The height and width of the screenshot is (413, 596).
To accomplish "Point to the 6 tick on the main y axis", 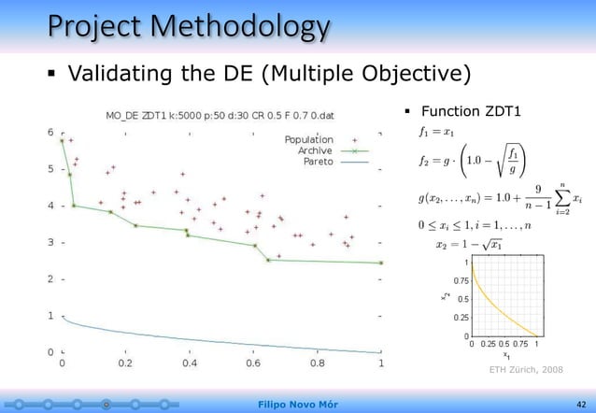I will tap(50, 132).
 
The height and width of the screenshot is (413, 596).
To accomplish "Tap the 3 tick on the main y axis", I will tap(50, 242).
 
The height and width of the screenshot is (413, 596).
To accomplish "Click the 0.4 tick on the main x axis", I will tap(190, 363).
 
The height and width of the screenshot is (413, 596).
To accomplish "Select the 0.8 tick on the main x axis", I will tap(318, 363).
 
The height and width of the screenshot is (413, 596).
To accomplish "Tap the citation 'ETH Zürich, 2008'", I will tap(526, 371).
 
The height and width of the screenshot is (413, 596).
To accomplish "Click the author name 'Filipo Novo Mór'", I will tap(297, 404).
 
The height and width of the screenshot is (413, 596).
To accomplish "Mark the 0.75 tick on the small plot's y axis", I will tap(461, 279).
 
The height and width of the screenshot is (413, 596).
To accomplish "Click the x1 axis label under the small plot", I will tap(506, 355).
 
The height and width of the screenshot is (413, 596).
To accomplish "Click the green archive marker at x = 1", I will tap(381, 263).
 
